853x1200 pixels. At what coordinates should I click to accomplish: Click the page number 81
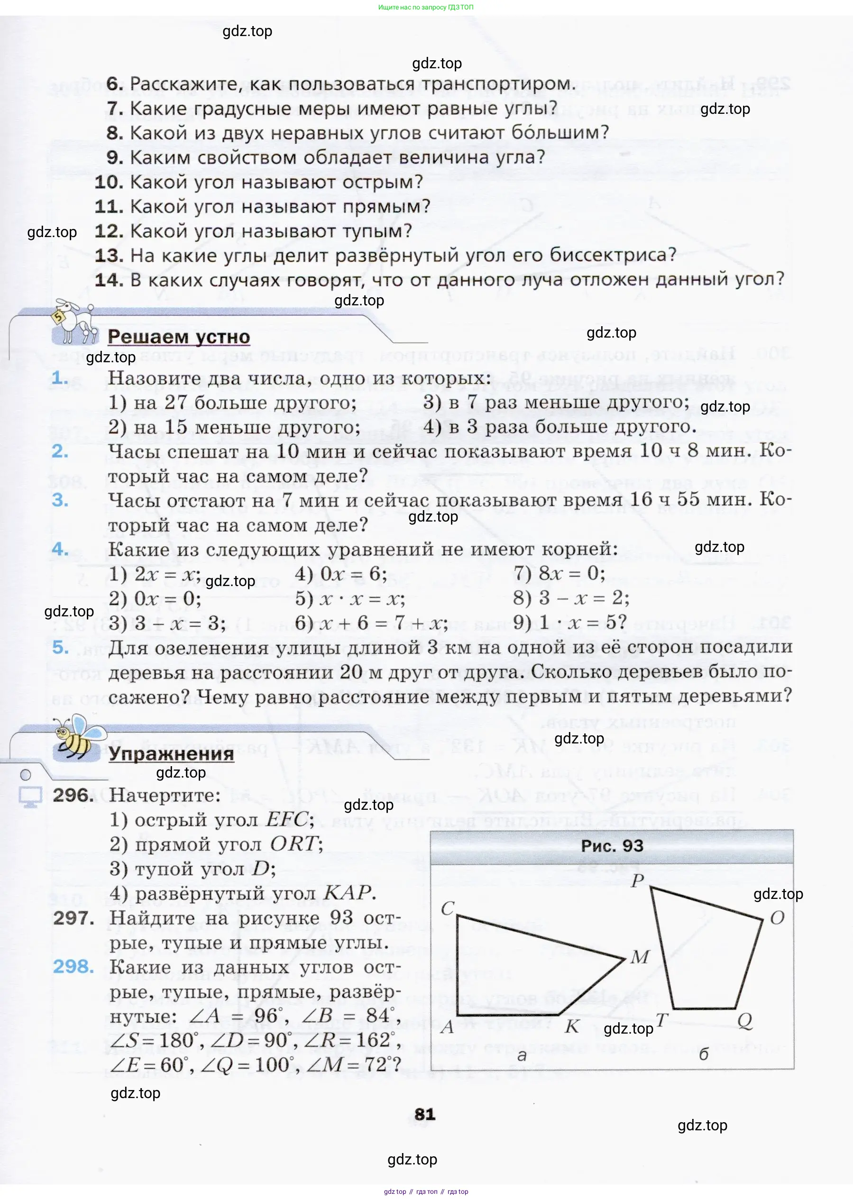click(424, 1114)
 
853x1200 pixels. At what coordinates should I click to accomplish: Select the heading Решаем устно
click(179, 337)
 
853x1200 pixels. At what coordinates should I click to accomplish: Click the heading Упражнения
click(171, 754)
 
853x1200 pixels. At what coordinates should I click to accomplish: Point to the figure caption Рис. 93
click(612, 846)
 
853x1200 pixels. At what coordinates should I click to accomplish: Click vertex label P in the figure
click(637, 881)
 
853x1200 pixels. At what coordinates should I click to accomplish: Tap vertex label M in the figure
click(640, 957)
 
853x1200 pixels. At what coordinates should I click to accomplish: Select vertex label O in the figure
click(777, 918)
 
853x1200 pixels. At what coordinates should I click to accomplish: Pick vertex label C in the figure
click(448, 908)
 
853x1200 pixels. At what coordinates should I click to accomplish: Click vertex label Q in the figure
click(745, 1020)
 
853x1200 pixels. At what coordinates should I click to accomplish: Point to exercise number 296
click(73, 796)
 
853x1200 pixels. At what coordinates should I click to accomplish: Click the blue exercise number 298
click(73, 966)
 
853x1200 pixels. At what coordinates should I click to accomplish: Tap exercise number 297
click(73, 918)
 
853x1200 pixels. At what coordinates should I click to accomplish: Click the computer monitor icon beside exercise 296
click(30, 797)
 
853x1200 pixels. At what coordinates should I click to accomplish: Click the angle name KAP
click(348, 893)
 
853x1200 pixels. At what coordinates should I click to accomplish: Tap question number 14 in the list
click(109, 280)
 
